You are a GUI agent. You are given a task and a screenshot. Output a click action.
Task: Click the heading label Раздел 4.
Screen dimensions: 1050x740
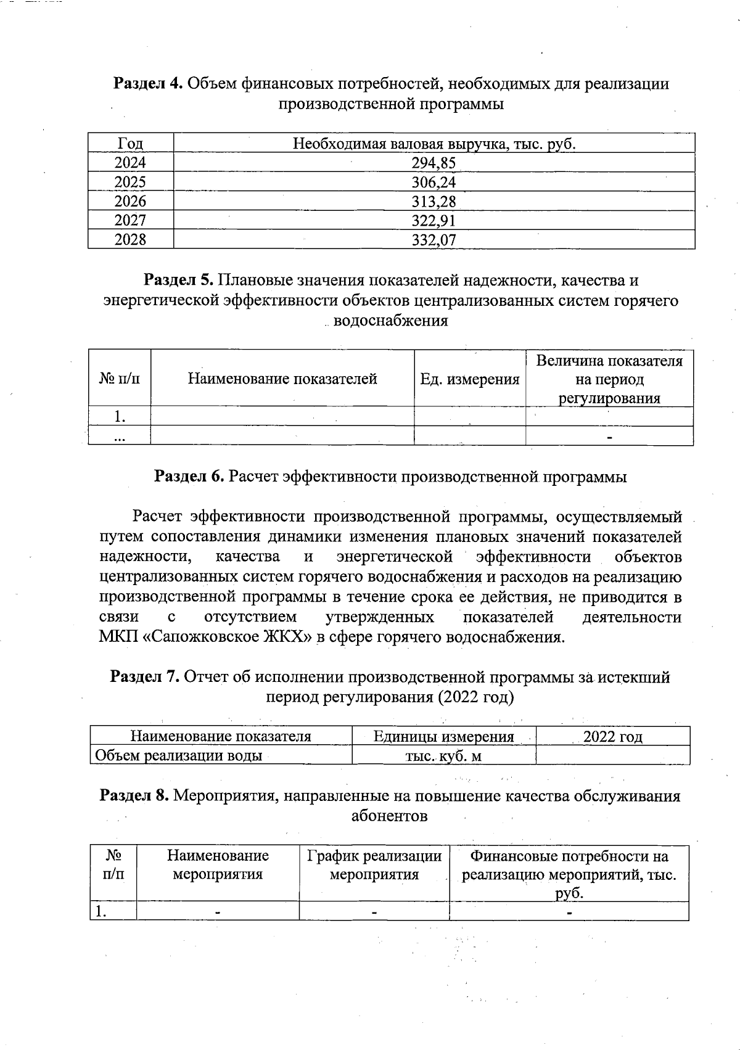147,84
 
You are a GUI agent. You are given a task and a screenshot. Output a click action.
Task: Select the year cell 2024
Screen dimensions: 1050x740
130,163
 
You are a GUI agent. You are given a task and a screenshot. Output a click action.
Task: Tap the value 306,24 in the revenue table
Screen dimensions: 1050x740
434,183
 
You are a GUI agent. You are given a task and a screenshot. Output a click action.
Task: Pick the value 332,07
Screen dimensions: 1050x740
434,240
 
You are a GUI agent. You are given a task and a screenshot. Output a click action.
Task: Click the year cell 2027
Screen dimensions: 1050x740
130,221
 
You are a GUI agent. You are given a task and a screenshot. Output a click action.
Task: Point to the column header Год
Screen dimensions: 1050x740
130,144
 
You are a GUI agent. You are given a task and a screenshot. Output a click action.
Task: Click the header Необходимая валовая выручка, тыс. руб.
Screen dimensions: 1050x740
434,144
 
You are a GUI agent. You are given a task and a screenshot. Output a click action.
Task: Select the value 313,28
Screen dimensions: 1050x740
434,202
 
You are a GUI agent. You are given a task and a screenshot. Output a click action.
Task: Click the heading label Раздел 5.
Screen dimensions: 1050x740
178,281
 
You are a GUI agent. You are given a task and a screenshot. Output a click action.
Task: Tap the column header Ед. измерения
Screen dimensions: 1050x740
469,379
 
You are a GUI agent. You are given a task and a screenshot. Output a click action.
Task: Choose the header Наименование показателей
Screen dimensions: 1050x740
282,379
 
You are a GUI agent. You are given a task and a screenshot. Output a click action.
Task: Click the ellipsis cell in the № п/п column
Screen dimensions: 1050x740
120,437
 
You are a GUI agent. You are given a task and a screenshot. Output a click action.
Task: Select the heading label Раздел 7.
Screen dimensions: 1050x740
144,678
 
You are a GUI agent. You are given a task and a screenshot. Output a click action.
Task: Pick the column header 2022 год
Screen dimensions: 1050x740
612,737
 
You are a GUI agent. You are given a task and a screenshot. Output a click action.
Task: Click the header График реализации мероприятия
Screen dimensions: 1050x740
374,865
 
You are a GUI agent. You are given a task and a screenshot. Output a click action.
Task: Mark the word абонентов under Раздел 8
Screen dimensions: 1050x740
389,816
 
